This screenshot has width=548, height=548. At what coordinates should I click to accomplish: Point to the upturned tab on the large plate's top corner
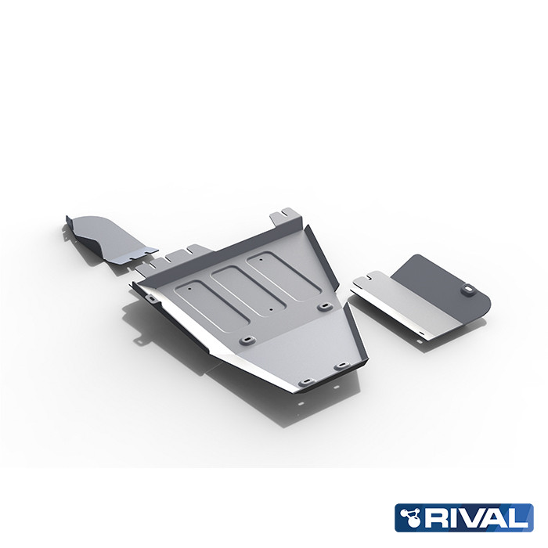pos(287,215)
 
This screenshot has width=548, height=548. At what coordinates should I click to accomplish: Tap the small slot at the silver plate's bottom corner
pos(425,334)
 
